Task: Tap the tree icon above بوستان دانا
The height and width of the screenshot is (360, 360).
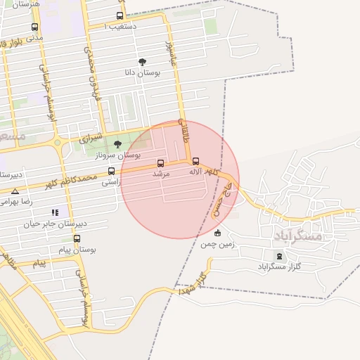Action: (x=143, y=62)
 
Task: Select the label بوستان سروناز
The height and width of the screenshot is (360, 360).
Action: (x=119, y=155)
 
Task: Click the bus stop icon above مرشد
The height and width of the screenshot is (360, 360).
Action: (x=161, y=163)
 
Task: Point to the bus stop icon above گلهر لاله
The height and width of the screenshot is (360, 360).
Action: (x=195, y=161)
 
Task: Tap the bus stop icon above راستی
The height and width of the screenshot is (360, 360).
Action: (x=111, y=171)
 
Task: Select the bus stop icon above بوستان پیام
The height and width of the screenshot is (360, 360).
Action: (x=77, y=239)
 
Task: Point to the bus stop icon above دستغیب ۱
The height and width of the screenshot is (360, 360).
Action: (x=120, y=15)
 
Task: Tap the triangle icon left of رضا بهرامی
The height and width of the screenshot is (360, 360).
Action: (x=15, y=191)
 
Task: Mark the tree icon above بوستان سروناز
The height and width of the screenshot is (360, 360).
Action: (x=117, y=144)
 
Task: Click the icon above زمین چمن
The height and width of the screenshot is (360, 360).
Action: (x=217, y=233)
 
